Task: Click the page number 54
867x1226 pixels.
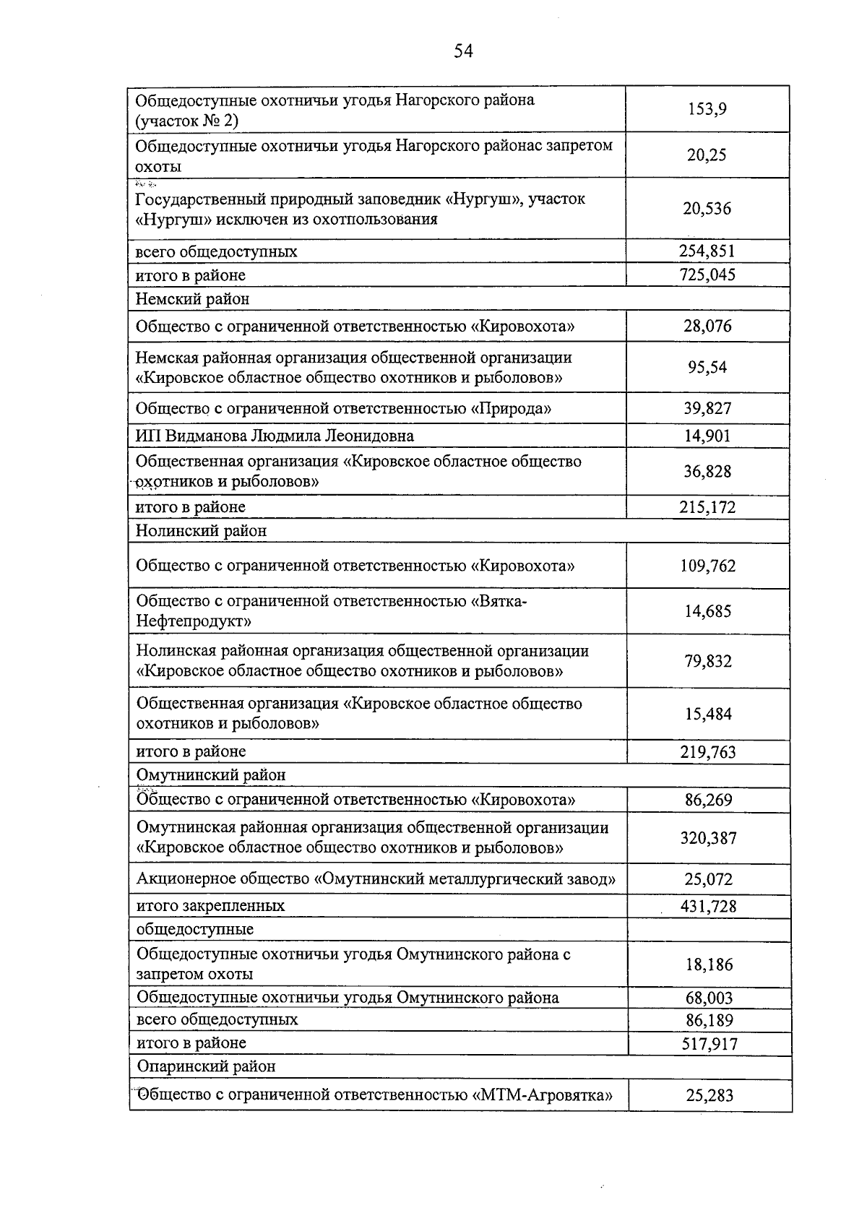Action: [463, 51]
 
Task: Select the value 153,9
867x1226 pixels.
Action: [707, 110]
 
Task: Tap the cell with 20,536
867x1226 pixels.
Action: [707, 209]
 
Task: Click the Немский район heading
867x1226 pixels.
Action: [192, 298]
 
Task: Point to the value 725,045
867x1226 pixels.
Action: [707, 275]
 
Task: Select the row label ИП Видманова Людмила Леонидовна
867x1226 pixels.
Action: [275, 436]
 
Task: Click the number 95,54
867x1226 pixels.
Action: [707, 367]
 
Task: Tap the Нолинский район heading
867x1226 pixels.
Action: [202, 531]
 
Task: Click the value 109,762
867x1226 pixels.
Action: [707, 566]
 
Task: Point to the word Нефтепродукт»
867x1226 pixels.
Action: [194, 621]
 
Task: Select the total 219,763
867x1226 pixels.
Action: [707, 752]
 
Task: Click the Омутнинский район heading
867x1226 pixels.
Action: [211, 775]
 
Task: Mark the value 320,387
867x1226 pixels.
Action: [708, 838]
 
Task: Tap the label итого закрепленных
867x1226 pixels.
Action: [210, 906]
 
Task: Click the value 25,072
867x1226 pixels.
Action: [708, 880]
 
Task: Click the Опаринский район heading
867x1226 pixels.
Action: [206, 1066]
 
